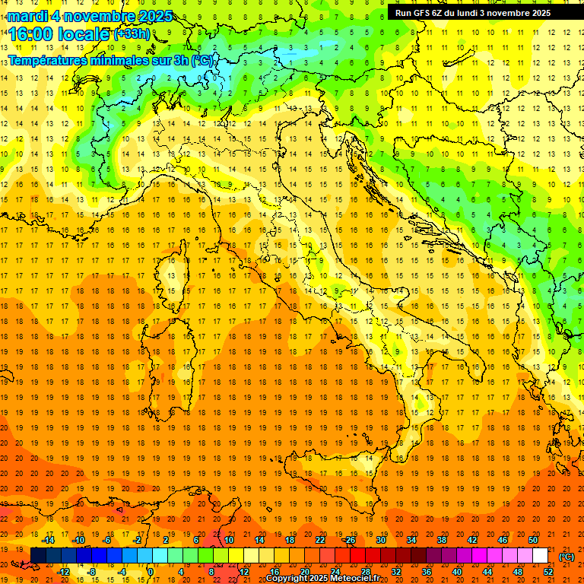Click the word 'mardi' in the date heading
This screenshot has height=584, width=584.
coord(29,16)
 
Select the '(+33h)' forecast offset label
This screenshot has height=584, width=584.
coord(132,33)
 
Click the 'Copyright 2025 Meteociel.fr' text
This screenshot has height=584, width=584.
coord(323,579)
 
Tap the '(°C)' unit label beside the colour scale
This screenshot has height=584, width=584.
coord(567,557)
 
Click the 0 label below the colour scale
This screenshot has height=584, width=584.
coord(151,572)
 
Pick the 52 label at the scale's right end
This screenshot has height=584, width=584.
coord(548,572)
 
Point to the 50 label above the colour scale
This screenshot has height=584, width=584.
coord(533,540)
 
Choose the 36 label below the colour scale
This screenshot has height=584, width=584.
coord(427,572)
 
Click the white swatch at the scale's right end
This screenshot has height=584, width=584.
coord(540,556)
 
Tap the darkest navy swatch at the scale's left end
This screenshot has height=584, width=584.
coord(38,556)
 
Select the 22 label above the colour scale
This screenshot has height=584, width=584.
coord(320,540)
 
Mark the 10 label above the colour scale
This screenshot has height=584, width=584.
coord(229,540)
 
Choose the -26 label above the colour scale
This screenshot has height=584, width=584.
coord(349,540)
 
